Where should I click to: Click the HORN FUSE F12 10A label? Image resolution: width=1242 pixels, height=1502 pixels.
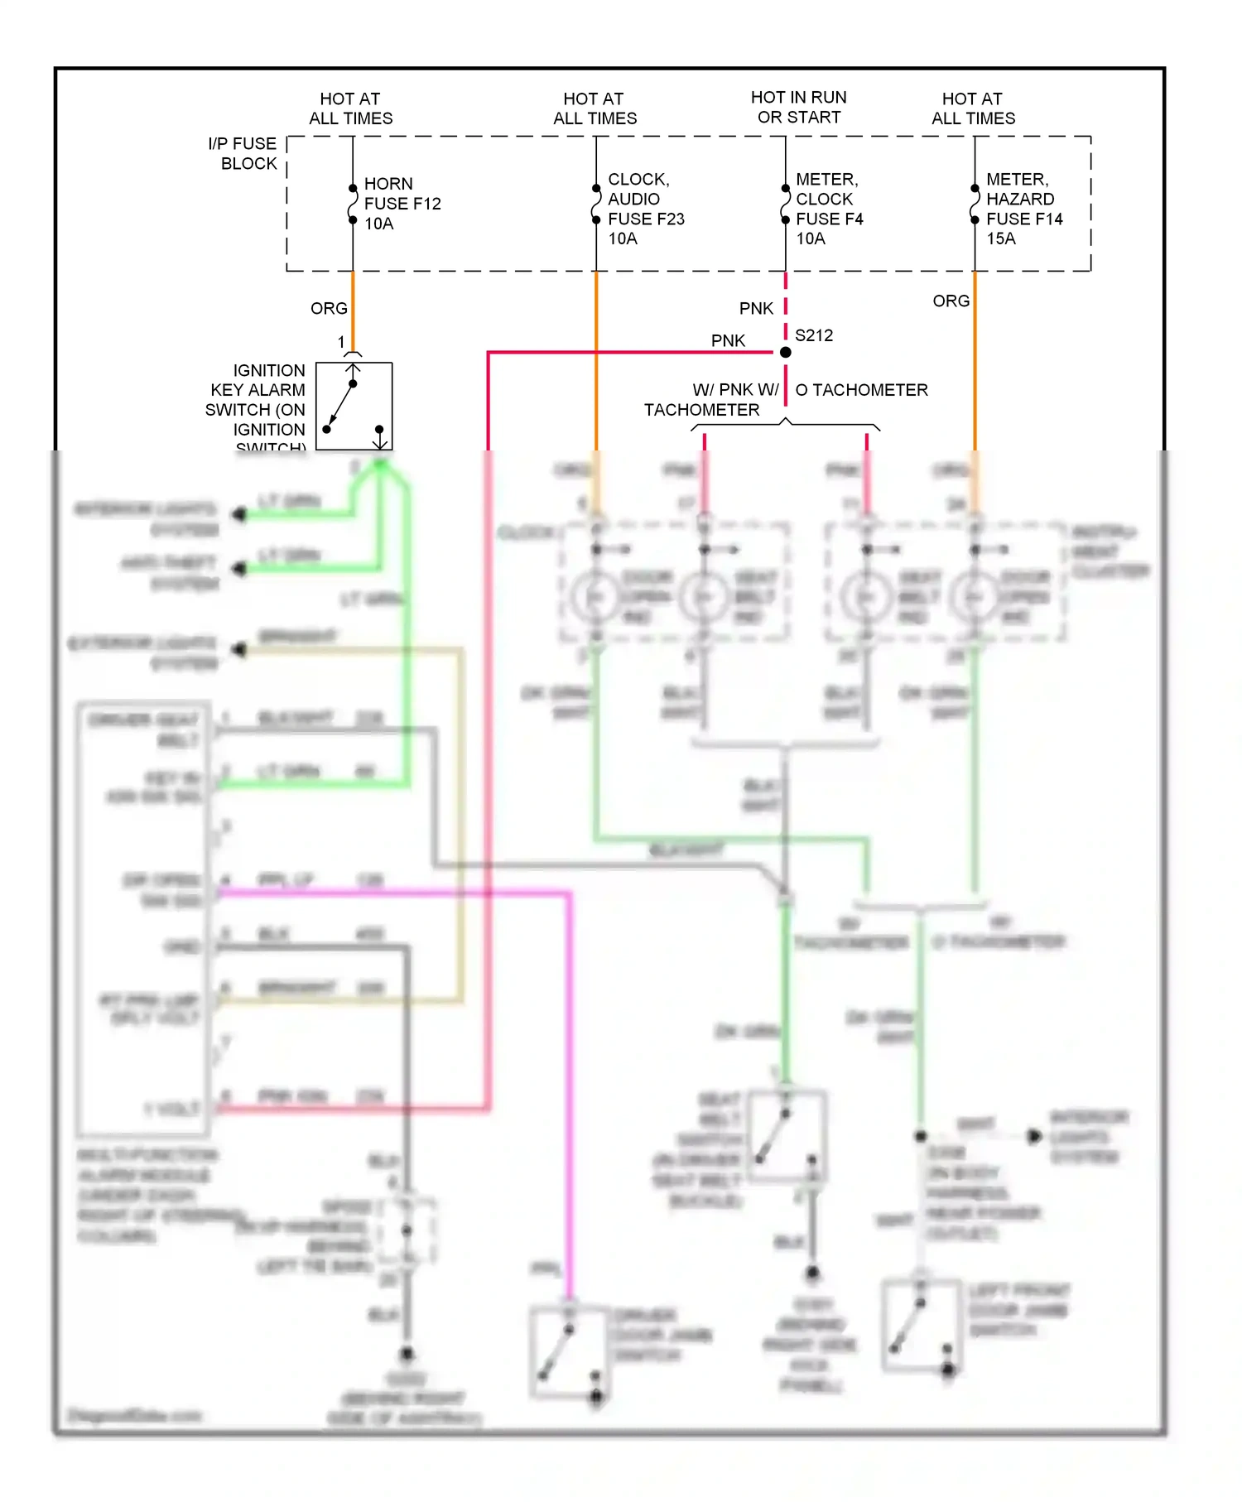point(402,204)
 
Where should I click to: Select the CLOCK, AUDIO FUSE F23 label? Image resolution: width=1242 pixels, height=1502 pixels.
point(646,209)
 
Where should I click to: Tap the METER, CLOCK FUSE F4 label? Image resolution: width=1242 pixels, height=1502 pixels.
point(829,209)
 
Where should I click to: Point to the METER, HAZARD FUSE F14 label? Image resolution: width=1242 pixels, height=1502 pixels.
point(1023,209)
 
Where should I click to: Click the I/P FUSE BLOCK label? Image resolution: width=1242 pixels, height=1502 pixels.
point(243,154)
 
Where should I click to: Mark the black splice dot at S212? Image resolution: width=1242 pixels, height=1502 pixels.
point(786,353)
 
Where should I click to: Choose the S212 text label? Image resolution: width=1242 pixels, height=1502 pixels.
point(814,335)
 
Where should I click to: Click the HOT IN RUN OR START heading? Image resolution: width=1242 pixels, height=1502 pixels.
point(799,108)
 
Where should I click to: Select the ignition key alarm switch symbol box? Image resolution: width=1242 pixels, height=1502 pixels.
point(354,407)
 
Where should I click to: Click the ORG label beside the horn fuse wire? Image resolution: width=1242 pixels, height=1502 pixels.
point(329,308)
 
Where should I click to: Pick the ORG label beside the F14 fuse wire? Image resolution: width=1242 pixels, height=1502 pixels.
point(951,301)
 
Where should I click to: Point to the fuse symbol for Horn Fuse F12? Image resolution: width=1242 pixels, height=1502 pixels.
point(353,205)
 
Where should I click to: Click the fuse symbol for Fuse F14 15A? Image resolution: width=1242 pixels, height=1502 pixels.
point(975,205)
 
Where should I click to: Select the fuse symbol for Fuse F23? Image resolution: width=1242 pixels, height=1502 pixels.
point(596,205)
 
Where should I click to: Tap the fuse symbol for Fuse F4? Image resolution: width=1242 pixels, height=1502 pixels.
point(785,205)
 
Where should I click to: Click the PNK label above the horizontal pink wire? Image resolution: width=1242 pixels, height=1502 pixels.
point(728,340)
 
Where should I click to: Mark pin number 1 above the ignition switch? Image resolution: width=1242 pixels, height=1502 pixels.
point(341,342)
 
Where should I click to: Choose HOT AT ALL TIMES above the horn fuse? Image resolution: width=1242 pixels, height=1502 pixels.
point(350,108)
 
